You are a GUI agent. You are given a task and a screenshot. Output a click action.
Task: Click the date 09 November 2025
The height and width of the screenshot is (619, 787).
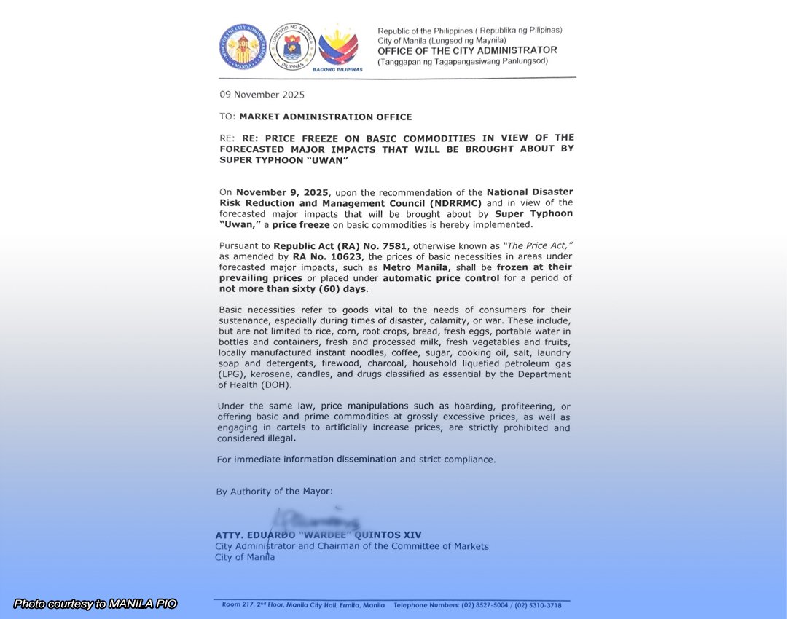click(262, 95)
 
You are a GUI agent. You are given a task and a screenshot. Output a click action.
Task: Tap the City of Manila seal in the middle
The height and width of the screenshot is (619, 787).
click(291, 47)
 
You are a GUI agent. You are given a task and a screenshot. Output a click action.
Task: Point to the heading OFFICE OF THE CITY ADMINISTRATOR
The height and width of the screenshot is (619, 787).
click(467, 51)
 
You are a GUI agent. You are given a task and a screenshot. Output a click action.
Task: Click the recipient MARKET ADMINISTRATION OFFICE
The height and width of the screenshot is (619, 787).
click(325, 117)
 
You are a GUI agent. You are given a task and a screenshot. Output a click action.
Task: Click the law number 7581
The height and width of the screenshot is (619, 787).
click(378, 246)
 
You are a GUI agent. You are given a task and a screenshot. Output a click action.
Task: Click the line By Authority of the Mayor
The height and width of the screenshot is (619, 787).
click(275, 492)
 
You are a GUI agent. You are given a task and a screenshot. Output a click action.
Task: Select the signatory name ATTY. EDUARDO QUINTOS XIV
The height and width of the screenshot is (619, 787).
click(318, 535)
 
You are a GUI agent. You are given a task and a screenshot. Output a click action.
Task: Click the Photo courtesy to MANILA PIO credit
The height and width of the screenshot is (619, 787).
click(95, 604)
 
